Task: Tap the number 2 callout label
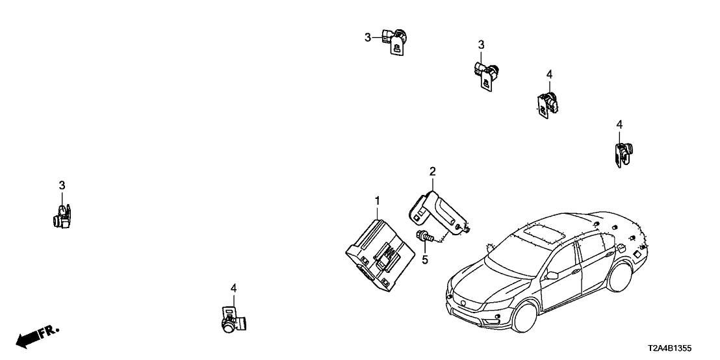coord(432,172)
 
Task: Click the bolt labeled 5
coord(423,237)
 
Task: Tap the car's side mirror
coord(552,276)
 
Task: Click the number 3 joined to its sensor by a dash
coord(368,38)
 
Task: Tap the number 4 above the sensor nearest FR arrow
coord(233,287)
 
